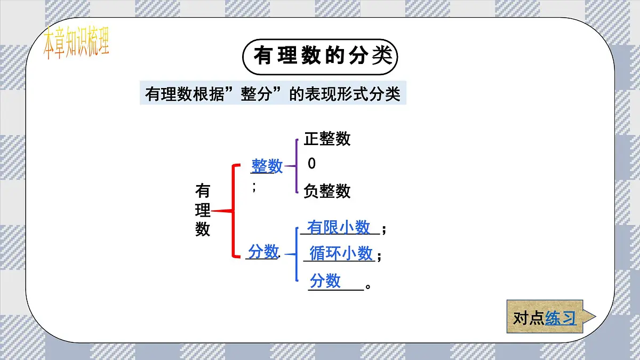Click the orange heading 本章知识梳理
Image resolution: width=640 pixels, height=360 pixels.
click(x=76, y=43)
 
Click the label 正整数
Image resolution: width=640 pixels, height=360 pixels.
click(x=327, y=139)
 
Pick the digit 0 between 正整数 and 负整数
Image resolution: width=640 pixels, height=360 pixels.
click(x=311, y=164)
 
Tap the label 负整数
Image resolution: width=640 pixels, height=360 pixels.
click(x=327, y=191)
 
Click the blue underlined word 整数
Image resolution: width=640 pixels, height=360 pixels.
click(x=267, y=166)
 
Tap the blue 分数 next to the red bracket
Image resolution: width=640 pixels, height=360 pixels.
click(x=263, y=251)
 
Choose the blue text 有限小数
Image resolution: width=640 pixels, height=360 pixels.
click(x=339, y=227)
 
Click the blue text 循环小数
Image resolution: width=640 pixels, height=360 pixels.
click(x=341, y=253)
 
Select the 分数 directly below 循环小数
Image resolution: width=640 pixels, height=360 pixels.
click(x=325, y=281)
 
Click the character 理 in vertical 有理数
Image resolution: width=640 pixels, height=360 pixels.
click(x=203, y=210)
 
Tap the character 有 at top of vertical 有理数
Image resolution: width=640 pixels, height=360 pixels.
click(x=203, y=190)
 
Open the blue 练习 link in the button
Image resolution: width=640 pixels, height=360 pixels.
click(x=561, y=318)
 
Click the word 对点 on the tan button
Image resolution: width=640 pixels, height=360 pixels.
click(x=529, y=318)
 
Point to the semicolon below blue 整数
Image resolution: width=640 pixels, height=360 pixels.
click(x=254, y=187)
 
